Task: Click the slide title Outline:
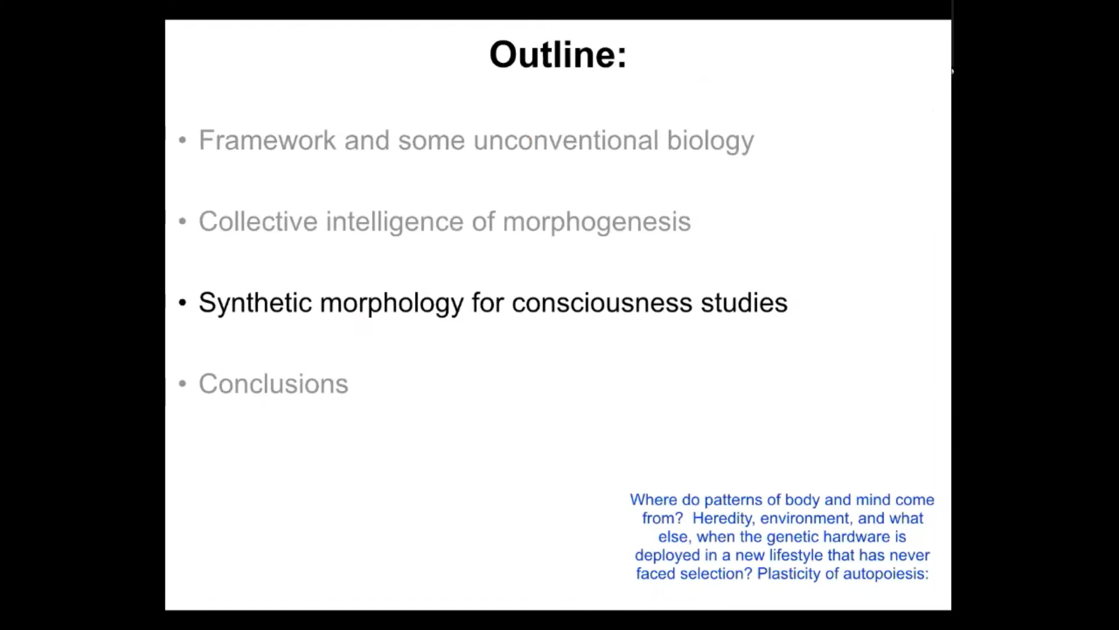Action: (558, 55)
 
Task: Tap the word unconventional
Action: (566, 140)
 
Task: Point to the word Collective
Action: (258, 222)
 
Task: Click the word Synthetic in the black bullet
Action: (255, 303)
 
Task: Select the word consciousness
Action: (602, 303)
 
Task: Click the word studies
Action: (744, 303)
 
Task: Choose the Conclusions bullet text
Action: (273, 384)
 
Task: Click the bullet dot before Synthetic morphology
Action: (182, 303)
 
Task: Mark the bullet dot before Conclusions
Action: (182, 384)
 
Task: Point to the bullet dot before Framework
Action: (182, 140)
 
